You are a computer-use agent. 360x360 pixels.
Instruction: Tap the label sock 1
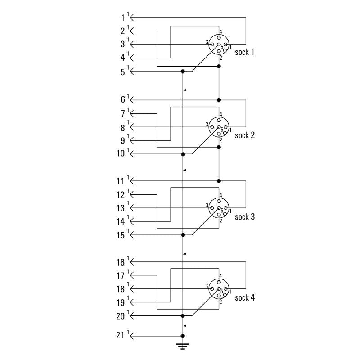coord(244,52)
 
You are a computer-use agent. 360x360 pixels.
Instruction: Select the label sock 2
coord(245,135)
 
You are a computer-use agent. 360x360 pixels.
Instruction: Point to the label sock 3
coord(245,216)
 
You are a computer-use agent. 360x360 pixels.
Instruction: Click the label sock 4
coord(245,298)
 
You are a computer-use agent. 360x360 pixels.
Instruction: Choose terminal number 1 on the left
coord(123,18)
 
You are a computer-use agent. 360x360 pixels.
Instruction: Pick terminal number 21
coord(120,335)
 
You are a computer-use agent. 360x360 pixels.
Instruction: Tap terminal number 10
coord(121,153)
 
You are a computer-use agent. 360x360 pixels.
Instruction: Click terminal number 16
coord(121,262)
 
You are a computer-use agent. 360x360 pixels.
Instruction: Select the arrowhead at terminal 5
coord(132,72)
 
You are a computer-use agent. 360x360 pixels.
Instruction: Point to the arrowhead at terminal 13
coord(132,208)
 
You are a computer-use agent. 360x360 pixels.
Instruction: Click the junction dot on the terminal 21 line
coord(183,336)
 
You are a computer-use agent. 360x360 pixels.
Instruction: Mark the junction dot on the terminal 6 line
coord(219,100)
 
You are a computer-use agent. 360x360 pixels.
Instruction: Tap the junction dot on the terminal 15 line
coord(183,235)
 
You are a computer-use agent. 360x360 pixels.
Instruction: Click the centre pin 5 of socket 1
coord(219,45)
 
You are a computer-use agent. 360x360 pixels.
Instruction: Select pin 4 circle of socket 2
coord(219,120)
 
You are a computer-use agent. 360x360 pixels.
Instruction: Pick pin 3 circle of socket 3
coord(212,208)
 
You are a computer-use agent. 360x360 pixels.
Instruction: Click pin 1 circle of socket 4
coord(226,288)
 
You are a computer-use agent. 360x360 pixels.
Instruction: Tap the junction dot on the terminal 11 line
coord(219,181)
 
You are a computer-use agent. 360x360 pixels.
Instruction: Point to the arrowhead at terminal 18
coord(132,289)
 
